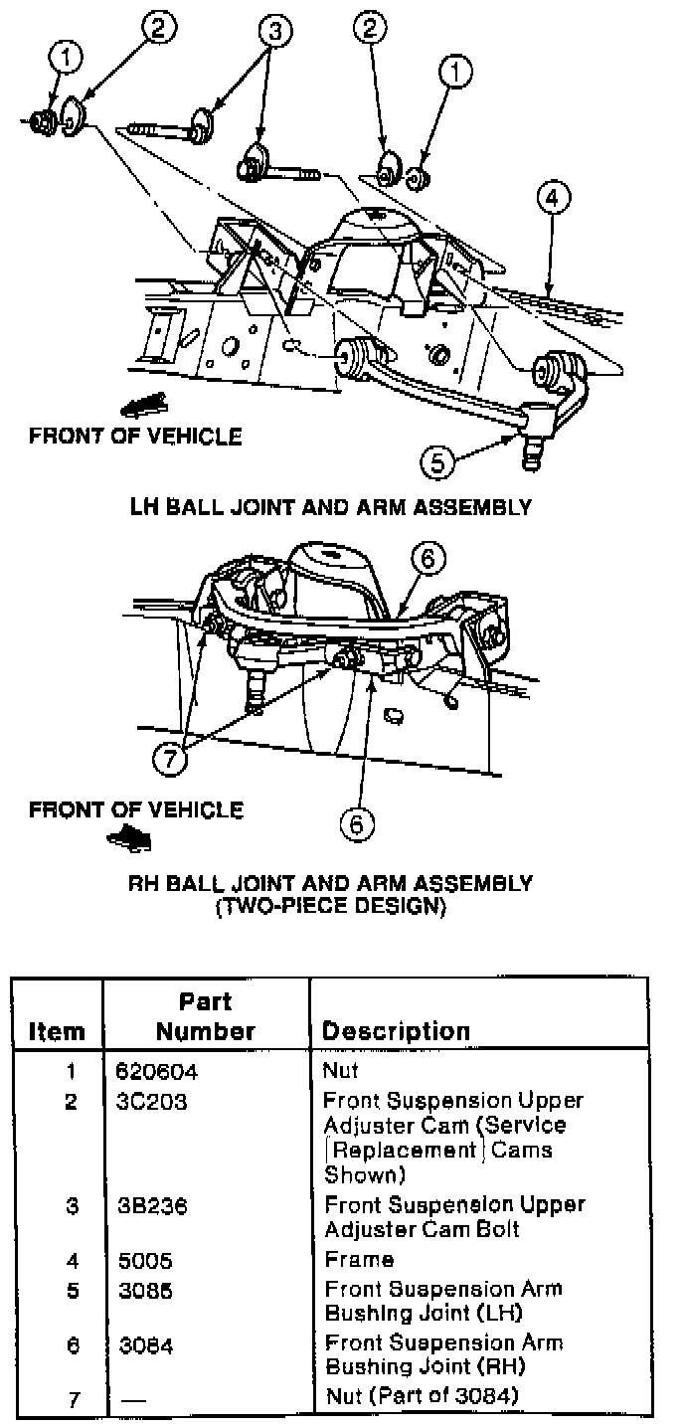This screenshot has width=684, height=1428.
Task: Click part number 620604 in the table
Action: coord(152,1073)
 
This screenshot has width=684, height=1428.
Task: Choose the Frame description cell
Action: coord(359,1260)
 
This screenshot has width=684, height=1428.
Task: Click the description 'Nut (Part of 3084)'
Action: coord(423,1396)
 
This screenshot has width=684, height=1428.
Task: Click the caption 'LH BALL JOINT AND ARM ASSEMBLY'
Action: coord(331,507)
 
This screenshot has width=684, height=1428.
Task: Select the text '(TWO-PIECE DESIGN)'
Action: coord(331,906)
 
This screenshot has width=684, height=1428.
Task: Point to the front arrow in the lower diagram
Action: coord(130,839)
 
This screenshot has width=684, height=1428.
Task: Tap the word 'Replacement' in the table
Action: coord(388,1151)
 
